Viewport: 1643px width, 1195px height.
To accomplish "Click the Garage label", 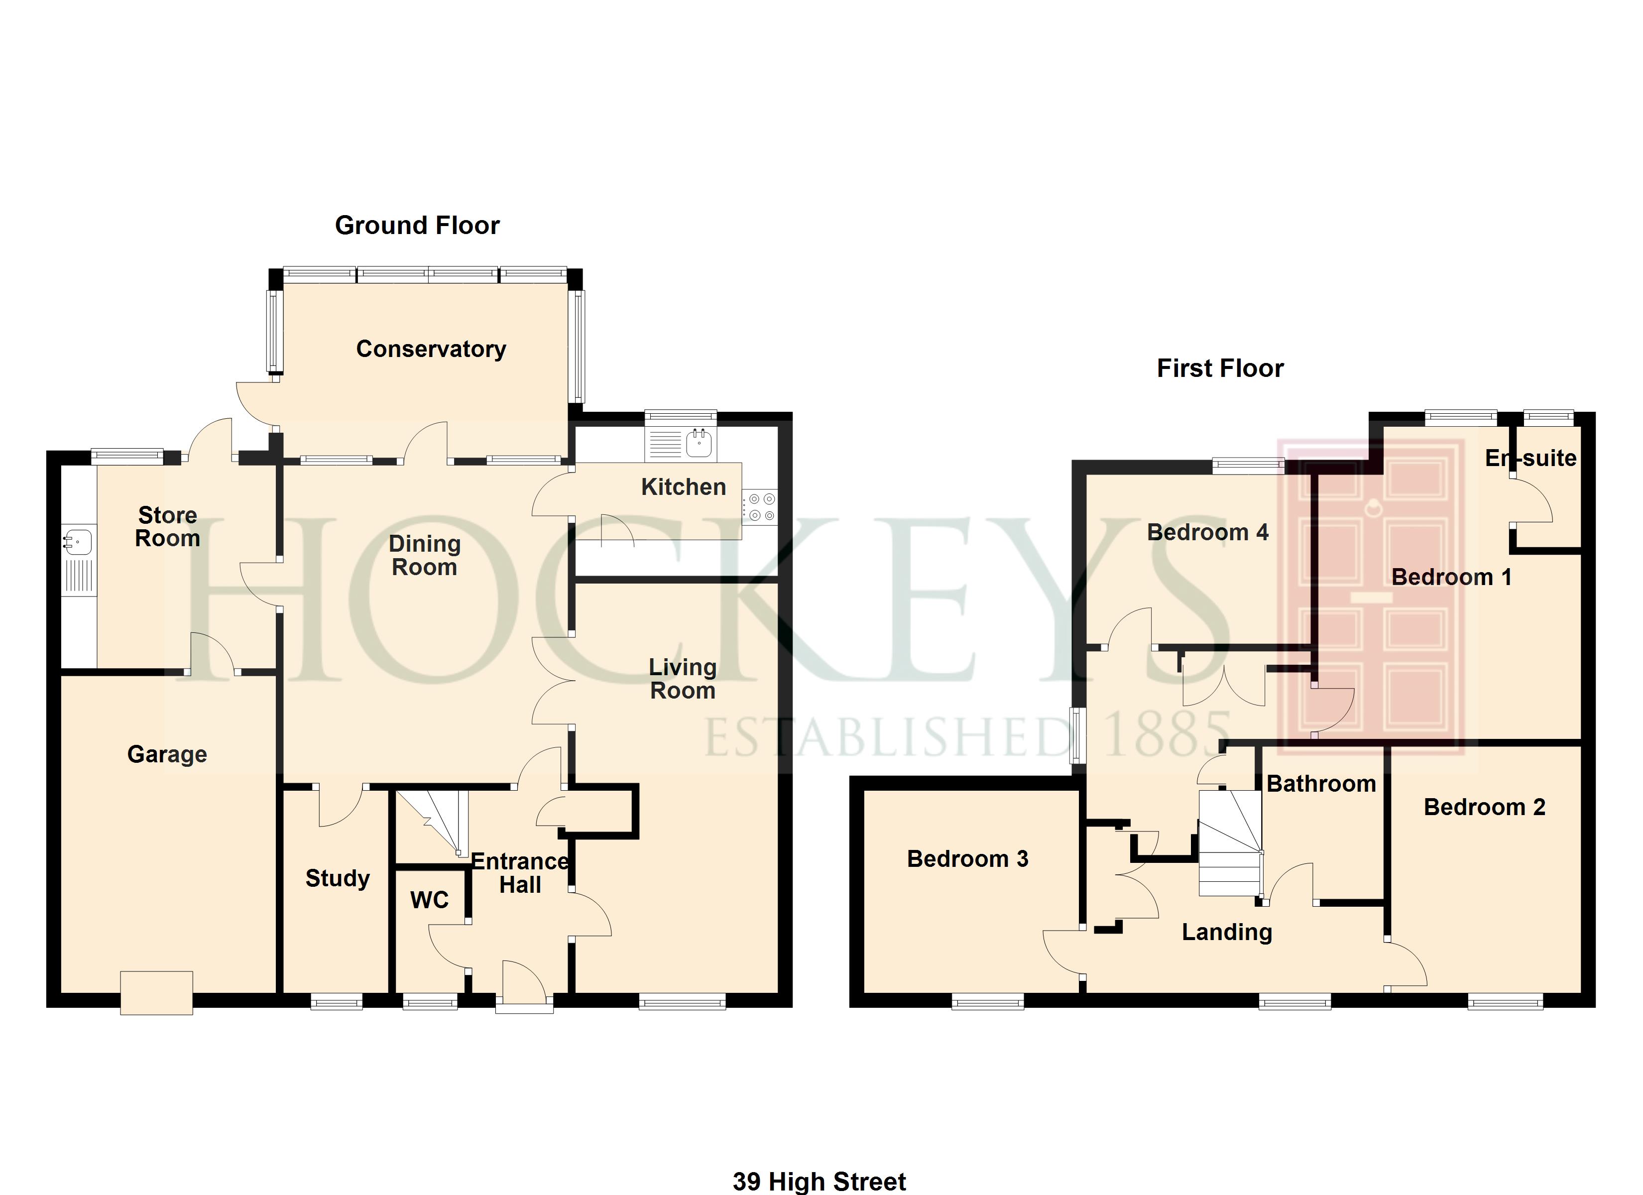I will tap(167, 754).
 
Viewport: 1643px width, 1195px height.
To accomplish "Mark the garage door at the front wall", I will tap(156, 993).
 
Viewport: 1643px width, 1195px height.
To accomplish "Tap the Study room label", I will tap(337, 878).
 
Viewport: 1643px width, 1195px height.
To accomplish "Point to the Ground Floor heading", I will tap(417, 226).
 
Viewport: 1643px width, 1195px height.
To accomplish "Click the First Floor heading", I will tap(1220, 368).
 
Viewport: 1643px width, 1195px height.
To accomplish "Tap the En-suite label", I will tap(1530, 458).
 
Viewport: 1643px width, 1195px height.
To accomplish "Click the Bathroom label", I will tap(1321, 783).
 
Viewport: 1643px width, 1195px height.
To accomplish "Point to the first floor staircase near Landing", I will tap(1230, 845).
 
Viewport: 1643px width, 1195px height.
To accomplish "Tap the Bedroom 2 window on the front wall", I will tap(1506, 1003).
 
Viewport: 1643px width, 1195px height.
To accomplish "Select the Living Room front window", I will tap(682, 1002).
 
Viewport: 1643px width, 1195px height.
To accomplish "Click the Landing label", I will tap(1226, 932).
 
